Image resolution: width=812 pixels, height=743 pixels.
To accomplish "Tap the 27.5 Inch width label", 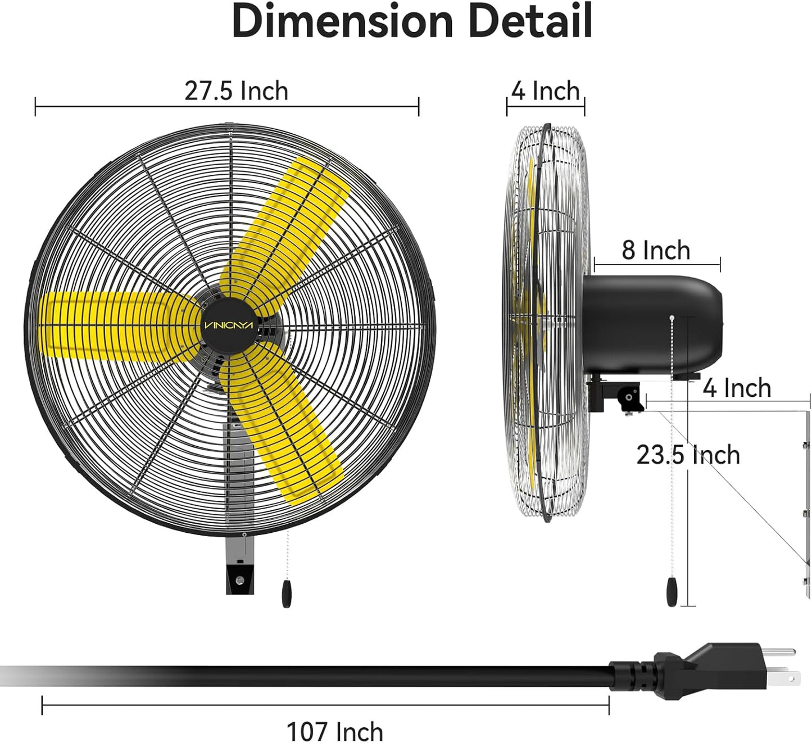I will pyautogui.click(x=236, y=91).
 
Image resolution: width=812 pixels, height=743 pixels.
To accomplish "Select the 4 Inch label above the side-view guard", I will pyautogui.click(x=545, y=91).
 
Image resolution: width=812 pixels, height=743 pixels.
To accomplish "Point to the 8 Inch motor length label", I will pyautogui.click(x=656, y=250).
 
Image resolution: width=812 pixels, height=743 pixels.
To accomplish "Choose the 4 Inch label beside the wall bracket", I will pyautogui.click(x=737, y=388).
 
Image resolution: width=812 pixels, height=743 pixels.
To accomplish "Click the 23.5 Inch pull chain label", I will pyautogui.click(x=688, y=455).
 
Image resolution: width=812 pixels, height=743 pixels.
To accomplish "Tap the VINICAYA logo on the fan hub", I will pyautogui.click(x=229, y=325).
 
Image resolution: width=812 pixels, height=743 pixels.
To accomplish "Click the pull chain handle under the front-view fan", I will pyautogui.click(x=287, y=594).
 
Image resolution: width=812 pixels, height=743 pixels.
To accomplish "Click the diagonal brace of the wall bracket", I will pyautogui.click(x=736, y=489).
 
